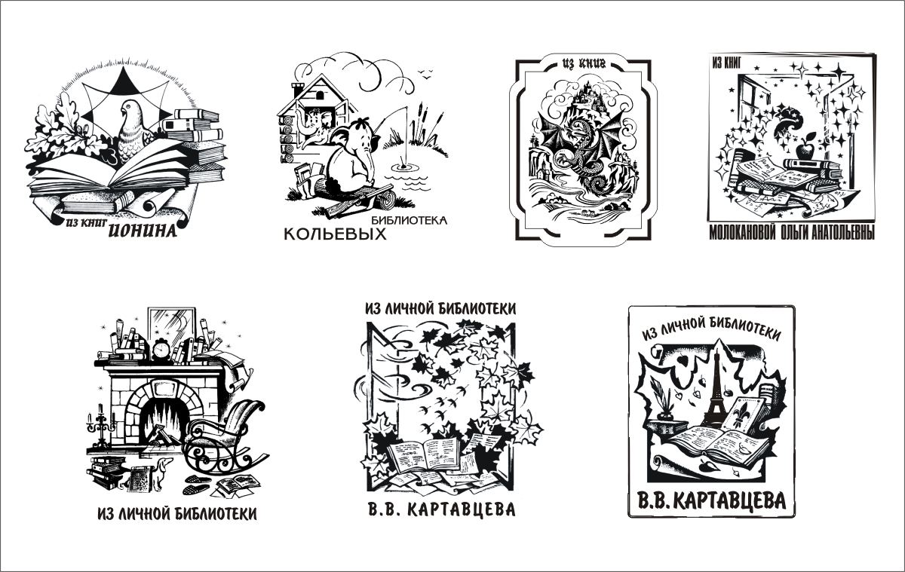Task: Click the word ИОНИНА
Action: click(x=143, y=231)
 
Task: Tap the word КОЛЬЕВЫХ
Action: click(x=335, y=234)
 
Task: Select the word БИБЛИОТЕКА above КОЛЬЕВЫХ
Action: click(x=410, y=220)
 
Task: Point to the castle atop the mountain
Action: click(x=584, y=96)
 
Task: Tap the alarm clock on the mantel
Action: click(x=162, y=350)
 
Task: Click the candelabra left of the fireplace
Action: click(x=99, y=424)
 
